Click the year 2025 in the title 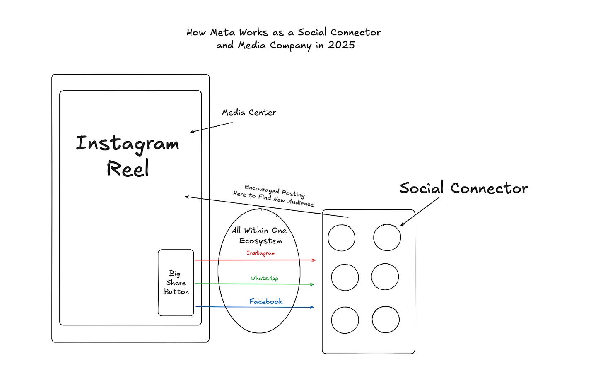click(x=341, y=45)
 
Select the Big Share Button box click(x=176, y=283)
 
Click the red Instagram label click(x=261, y=253)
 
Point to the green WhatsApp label click(x=264, y=278)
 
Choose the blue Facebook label click(x=266, y=301)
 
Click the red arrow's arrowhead click(x=314, y=260)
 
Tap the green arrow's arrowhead click(x=312, y=284)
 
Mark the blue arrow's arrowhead click(x=312, y=307)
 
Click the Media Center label click(x=249, y=112)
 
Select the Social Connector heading click(x=463, y=188)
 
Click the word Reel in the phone click(x=128, y=169)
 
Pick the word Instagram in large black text click(x=128, y=144)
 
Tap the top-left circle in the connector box click(x=341, y=238)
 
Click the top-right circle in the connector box click(x=387, y=238)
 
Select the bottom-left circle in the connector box click(x=345, y=320)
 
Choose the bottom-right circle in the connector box click(x=386, y=320)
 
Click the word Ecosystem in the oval click(x=260, y=241)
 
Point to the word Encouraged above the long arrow click(x=262, y=189)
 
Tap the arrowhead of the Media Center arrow click(x=191, y=132)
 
